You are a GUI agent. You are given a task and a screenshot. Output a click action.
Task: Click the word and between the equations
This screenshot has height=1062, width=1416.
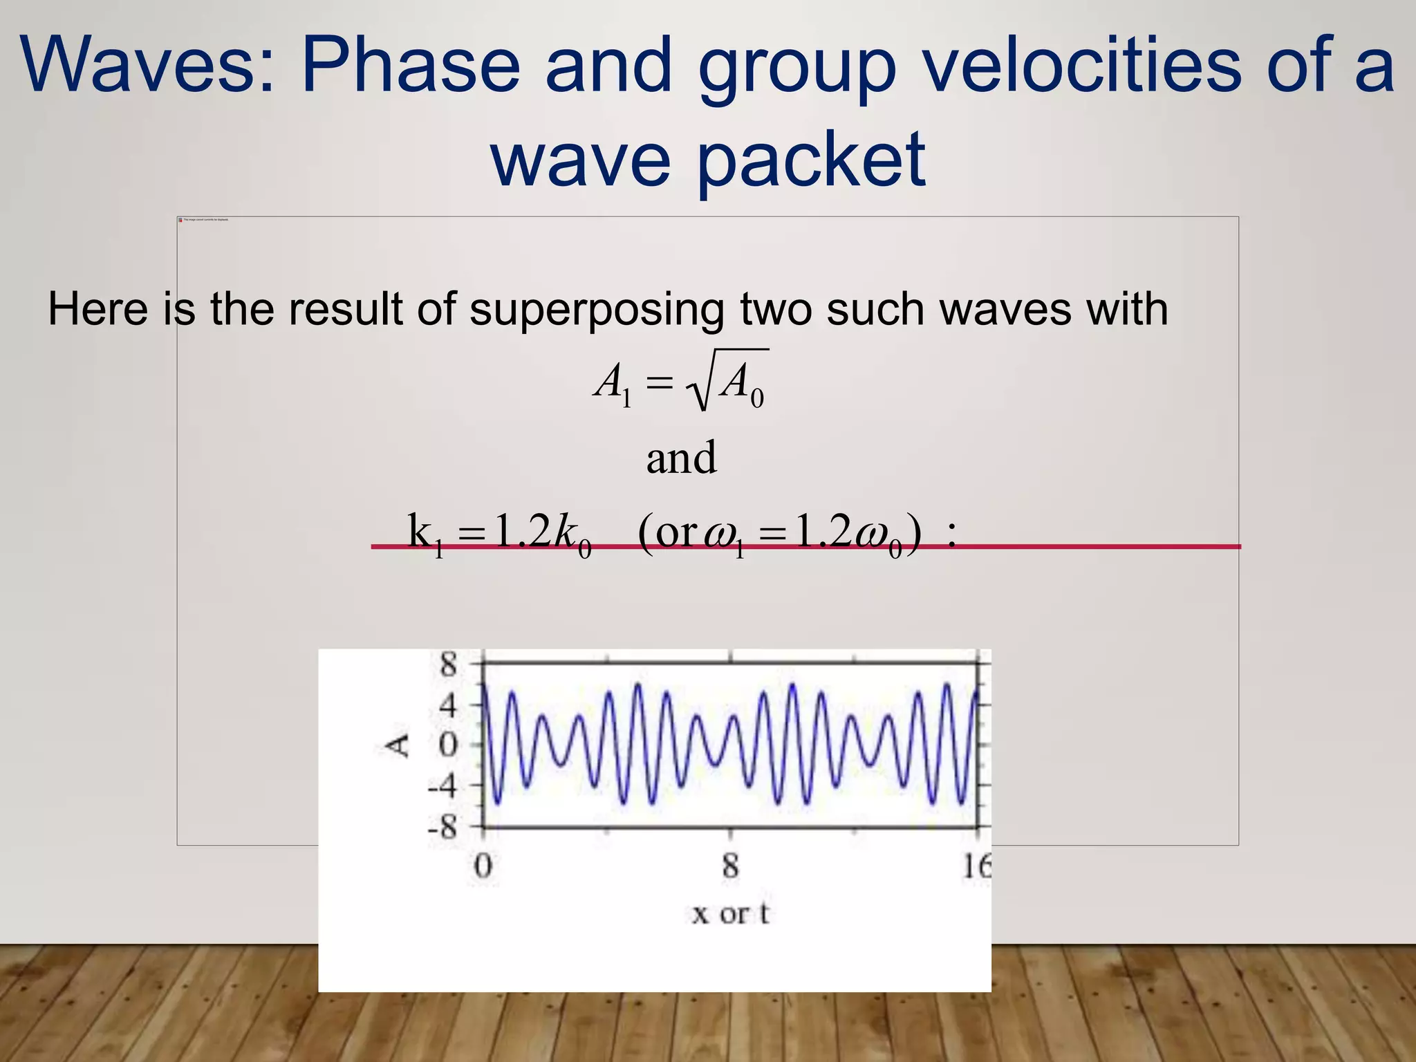point(681,458)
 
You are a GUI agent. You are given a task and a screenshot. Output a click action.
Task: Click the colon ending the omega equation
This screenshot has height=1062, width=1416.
point(952,534)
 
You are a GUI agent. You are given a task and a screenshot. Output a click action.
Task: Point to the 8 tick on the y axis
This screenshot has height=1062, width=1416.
point(449,664)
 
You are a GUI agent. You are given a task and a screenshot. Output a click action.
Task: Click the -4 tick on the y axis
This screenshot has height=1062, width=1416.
point(443,786)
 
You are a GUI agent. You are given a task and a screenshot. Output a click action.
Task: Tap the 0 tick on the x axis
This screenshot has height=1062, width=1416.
point(483,866)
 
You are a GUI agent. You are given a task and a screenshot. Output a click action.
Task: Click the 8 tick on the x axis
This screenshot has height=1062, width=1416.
point(730,866)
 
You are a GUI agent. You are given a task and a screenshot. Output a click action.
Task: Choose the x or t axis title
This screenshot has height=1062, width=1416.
point(730,914)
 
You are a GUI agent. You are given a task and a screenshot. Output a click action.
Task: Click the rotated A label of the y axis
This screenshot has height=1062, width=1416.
point(398,745)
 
